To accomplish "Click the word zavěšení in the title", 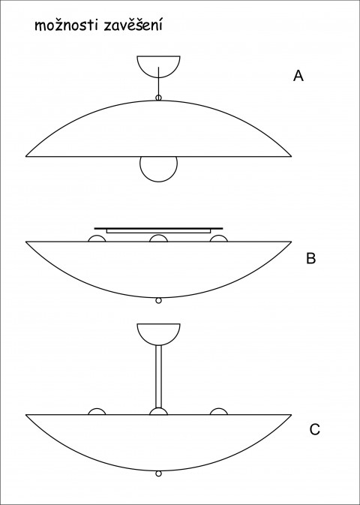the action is (x=133, y=26).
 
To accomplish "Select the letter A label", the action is (x=298, y=76).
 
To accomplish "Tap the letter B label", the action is (x=310, y=258).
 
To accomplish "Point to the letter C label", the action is (x=314, y=429).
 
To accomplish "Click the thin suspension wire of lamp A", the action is (x=158, y=81).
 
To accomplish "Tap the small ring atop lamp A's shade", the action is (x=158, y=98).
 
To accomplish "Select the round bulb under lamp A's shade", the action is (x=158, y=181).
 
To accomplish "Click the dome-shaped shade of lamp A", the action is (x=158, y=101).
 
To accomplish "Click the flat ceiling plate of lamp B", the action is (x=158, y=228).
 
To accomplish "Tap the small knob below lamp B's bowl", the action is (x=158, y=300).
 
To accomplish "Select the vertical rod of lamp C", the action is (x=158, y=377).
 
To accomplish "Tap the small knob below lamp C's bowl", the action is (x=158, y=473).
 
